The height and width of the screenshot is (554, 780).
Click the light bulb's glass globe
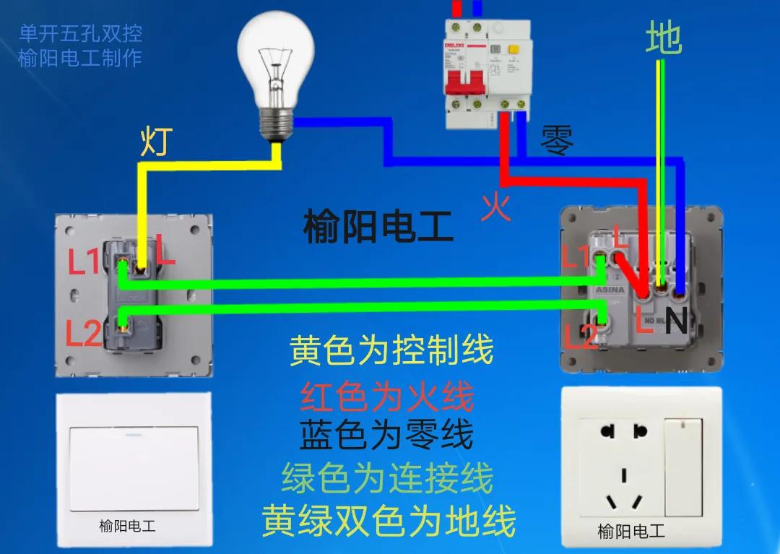click(x=277, y=51)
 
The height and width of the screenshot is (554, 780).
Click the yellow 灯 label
click(x=156, y=142)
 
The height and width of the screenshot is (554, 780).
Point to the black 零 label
click(x=558, y=141)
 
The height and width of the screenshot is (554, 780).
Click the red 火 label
click(x=496, y=207)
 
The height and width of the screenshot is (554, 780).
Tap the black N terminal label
click(x=676, y=321)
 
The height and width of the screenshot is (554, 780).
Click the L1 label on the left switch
click(x=84, y=262)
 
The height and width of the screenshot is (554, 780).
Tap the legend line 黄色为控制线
click(x=391, y=351)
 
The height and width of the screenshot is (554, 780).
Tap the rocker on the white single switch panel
click(x=135, y=469)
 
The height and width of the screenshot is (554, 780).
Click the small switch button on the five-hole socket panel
click(x=683, y=467)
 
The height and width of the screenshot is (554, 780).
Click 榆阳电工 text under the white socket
click(x=631, y=532)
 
